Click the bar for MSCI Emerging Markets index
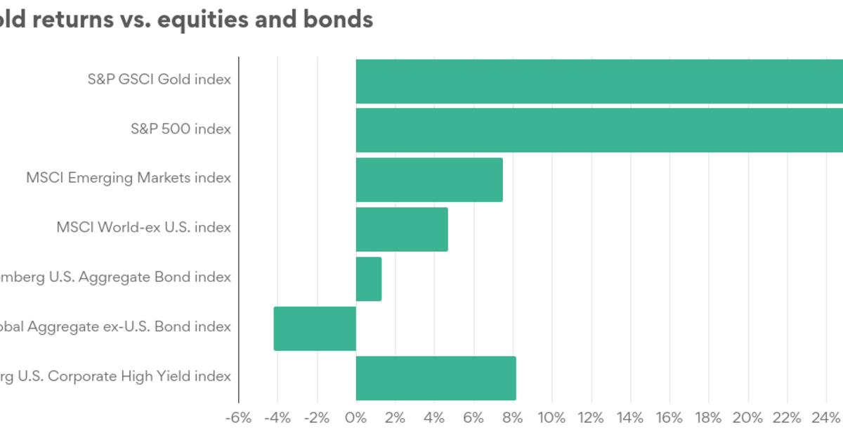pyautogui.click(x=429, y=179)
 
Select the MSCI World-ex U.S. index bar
pyautogui.click(x=402, y=229)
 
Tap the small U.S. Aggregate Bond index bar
pyautogui.click(x=369, y=279)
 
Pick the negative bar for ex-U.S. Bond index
pyautogui.click(x=315, y=328)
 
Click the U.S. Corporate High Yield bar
pyautogui.click(x=436, y=378)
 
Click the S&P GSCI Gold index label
pyautogui.click(x=159, y=79)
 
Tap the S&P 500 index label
pyautogui.click(x=181, y=129)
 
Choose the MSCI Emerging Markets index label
pyautogui.click(x=129, y=178)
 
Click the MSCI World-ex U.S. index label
pyautogui.click(x=143, y=227)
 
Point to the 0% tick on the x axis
pyautogui.click(x=356, y=418)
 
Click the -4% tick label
pyautogui.click(x=277, y=418)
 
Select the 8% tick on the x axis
pyautogui.click(x=513, y=418)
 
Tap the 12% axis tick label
pyautogui.click(x=591, y=418)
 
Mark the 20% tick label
pyautogui.click(x=747, y=418)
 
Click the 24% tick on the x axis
pyautogui.click(x=825, y=418)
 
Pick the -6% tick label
pyautogui.click(x=238, y=418)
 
